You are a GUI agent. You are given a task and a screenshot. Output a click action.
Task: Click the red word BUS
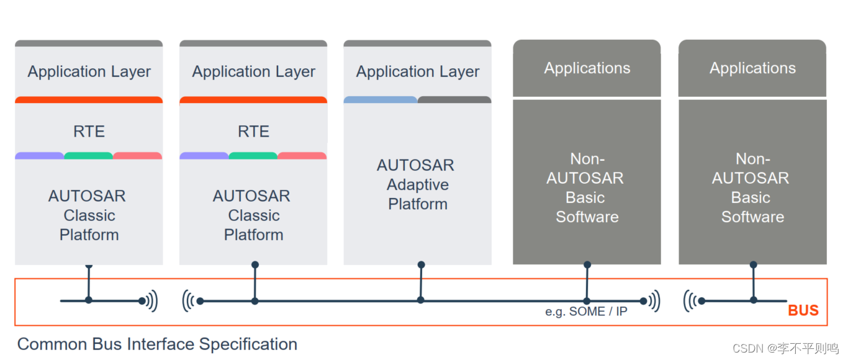coord(803,311)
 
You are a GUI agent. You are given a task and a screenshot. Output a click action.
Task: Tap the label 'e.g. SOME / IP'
coord(586,312)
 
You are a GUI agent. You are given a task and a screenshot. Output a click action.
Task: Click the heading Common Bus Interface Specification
coord(157,344)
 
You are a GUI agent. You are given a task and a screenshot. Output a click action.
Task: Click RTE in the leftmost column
coord(89,132)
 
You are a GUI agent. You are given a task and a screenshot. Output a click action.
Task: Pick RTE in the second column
coord(253,132)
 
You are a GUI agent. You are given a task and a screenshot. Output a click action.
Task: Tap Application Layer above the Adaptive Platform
coord(417,72)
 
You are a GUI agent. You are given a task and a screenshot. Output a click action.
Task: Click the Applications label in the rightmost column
coord(752,68)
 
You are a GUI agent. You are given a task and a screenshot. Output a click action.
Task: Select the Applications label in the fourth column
coord(587,68)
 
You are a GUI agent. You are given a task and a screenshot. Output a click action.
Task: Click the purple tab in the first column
coord(39,156)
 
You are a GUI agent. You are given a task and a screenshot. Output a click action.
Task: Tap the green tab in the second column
coord(253,156)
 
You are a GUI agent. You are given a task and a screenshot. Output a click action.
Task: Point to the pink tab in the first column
coord(137,156)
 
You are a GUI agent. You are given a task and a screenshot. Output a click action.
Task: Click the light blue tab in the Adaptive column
coord(380,99)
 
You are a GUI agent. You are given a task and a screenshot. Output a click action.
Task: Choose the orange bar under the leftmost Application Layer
coord(89,99)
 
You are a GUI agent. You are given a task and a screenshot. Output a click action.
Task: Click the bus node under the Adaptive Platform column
coord(421,300)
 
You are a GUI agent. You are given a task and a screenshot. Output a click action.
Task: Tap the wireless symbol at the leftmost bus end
coord(150,301)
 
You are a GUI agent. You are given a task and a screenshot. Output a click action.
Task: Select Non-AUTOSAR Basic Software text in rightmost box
coord(752,188)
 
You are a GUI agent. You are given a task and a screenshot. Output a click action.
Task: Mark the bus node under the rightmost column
coord(753,300)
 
